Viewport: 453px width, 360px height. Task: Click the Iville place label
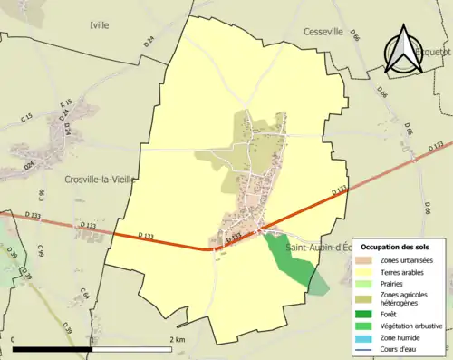(99, 24)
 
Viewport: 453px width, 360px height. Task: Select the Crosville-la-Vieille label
(101, 180)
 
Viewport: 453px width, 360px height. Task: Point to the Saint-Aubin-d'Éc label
(319, 247)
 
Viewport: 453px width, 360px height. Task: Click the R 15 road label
(65, 106)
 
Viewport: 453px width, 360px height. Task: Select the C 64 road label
(84, 293)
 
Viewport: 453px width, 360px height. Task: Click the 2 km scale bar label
(177, 338)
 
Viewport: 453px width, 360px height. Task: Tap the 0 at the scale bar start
(14, 338)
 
